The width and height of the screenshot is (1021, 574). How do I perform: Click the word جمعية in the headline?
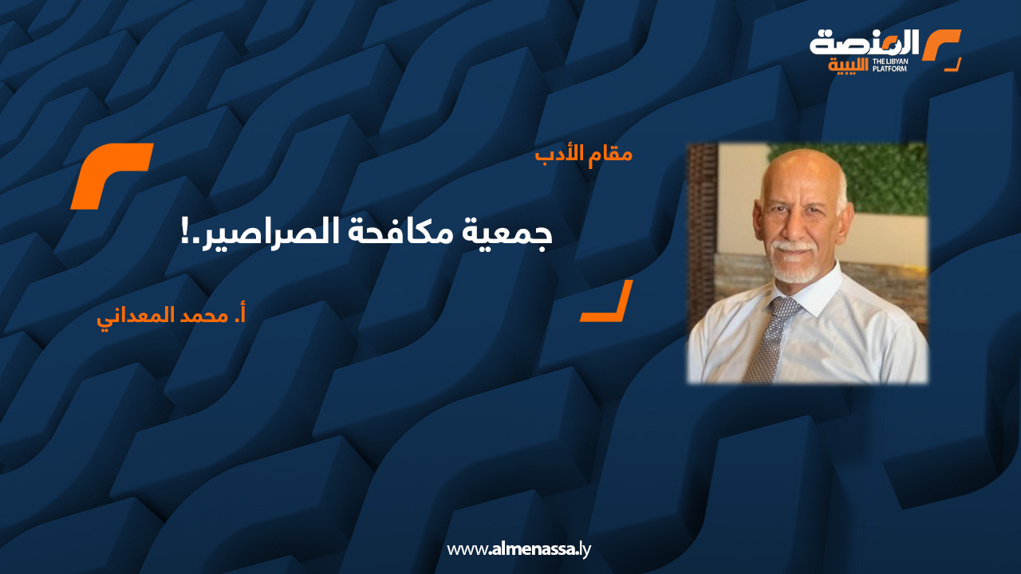click(x=511, y=234)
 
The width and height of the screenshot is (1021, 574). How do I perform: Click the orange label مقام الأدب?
click(x=584, y=153)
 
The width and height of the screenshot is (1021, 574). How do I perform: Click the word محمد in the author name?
click(x=201, y=314)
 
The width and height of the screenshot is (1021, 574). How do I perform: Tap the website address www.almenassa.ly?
click(x=518, y=549)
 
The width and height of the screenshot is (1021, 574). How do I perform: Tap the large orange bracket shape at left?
click(x=112, y=176)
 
